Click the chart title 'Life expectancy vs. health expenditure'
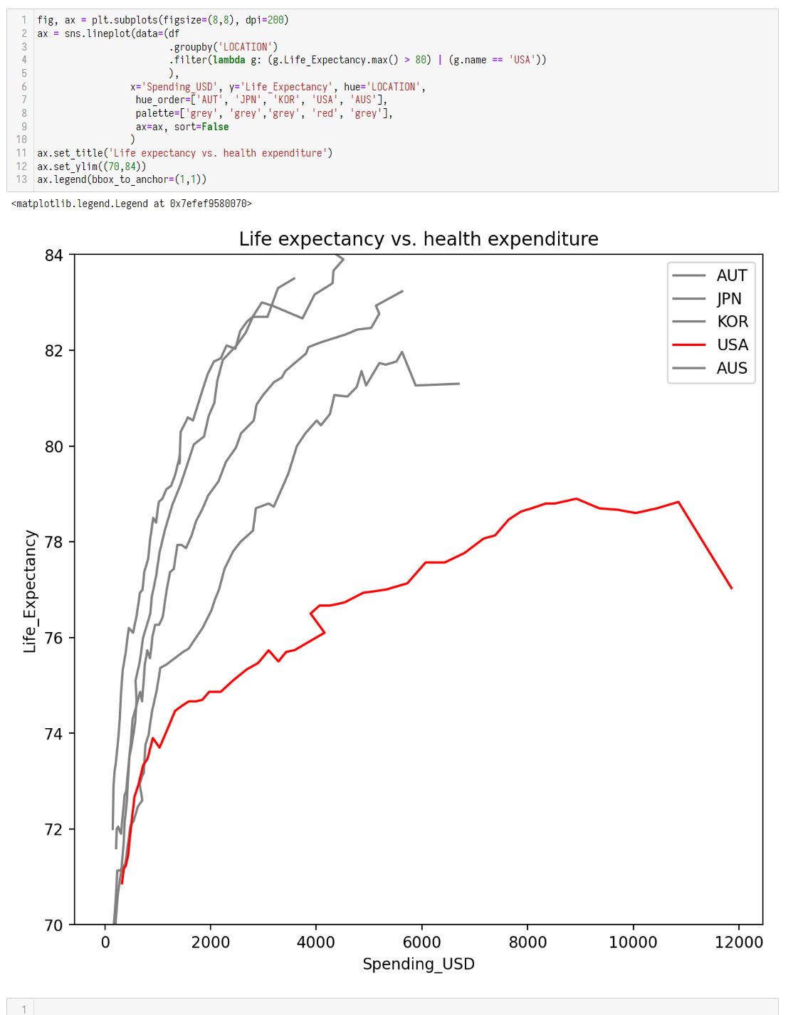point(419,239)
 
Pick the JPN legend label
point(729,299)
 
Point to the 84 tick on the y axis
point(54,256)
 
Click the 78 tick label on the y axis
point(54,542)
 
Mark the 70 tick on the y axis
point(54,925)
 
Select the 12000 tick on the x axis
point(738,942)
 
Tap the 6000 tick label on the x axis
point(421,942)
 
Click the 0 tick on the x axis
point(105,942)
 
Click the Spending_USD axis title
point(419,964)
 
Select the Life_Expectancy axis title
point(30,591)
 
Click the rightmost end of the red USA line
point(731,588)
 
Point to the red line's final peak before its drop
point(678,503)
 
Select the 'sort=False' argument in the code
point(201,127)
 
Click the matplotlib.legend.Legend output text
point(132,204)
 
